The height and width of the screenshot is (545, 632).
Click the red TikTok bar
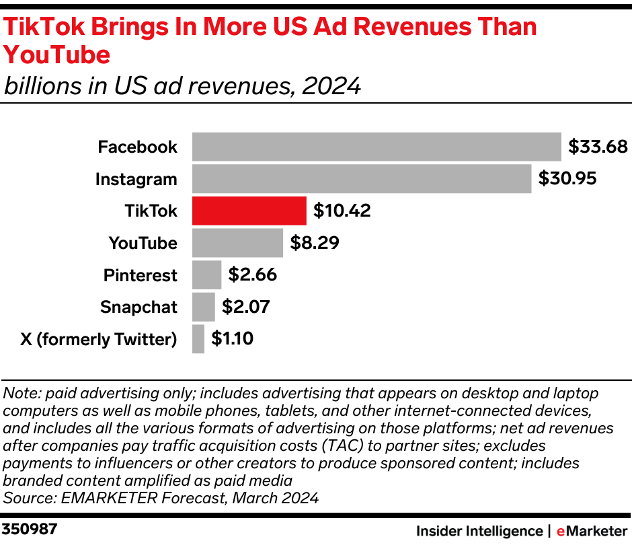point(249,211)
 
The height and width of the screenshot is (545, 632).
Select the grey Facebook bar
point(377,147)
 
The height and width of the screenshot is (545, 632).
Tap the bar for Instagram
point(362,179)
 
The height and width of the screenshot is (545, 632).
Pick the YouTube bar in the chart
point(237,243)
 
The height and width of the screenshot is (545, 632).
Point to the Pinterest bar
point(206,275)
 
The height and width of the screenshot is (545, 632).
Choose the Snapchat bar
point(203,307)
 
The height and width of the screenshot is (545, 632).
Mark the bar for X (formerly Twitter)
point(198,338)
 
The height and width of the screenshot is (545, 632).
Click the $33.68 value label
point(598,147)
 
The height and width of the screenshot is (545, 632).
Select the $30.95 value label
point(567,179)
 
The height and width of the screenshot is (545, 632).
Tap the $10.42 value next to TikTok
point(342,211)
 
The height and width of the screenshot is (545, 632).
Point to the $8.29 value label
point(315,243)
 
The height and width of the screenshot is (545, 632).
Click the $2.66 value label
point(252,275)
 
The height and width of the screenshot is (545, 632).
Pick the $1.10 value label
point(232,338)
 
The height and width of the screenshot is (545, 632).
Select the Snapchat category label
point(139,307)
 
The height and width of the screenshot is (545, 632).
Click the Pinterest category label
point(140,275)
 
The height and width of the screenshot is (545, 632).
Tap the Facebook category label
point(137,147)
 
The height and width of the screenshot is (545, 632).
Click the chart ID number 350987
point(30,529)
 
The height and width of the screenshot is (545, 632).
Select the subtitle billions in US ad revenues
point(182,86)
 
